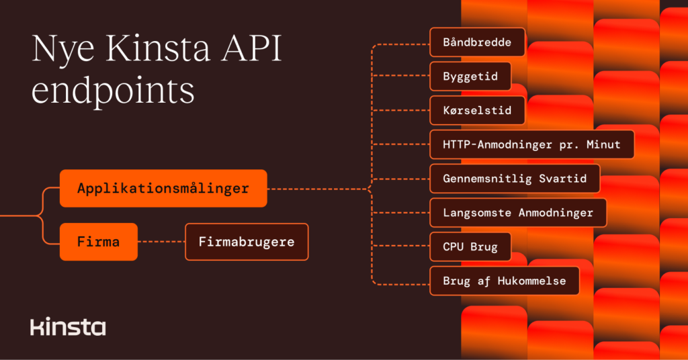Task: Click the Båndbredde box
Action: point(477,42)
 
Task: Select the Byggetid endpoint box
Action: point(470,77)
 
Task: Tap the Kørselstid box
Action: point(477,110)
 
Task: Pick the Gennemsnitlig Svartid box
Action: point(515,179)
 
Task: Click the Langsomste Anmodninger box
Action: point(518,213)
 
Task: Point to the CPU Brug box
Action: point(470,247)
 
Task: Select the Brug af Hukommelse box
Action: point(505,281)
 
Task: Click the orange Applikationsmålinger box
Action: point(163,189)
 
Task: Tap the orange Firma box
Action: point(99,242)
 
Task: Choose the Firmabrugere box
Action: point(247,242)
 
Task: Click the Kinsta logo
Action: point(68,327)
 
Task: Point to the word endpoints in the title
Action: point(113,90)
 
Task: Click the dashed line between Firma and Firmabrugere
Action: point(161,242)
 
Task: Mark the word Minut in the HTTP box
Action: point(602,144)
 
